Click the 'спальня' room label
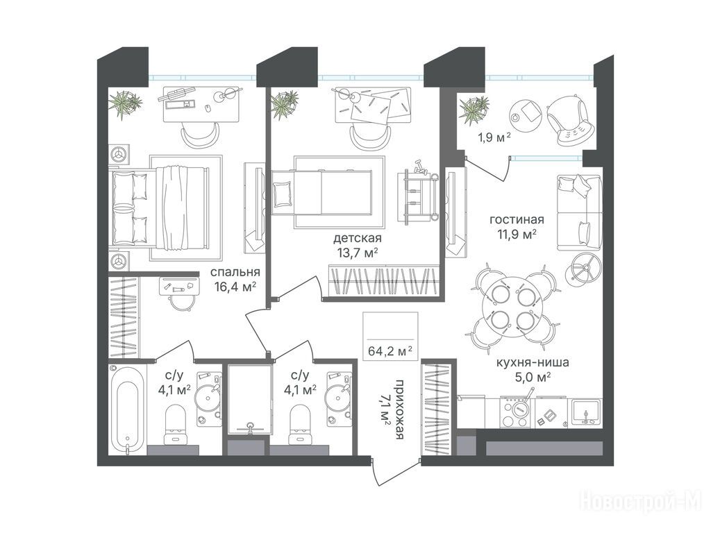235,272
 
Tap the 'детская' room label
358,238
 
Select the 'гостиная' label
517,220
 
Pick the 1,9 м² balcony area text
494,137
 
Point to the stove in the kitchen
516,412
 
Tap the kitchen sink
586,412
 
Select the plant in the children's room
284,104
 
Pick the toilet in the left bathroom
176,423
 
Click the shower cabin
249,400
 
